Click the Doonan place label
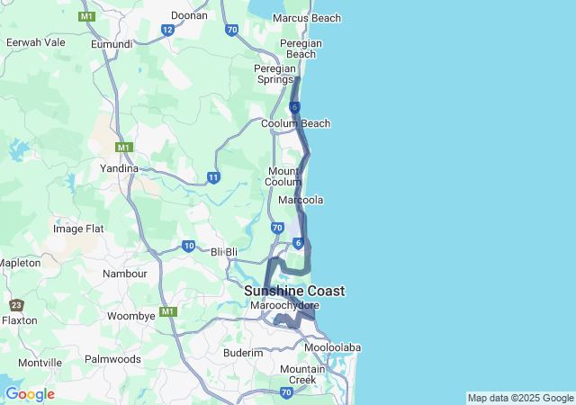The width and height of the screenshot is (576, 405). [188, 15]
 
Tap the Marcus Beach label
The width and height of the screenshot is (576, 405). [306, 18]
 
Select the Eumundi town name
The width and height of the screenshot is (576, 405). [112, 43]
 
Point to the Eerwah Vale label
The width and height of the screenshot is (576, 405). [35, 42]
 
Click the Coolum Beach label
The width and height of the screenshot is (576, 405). [295, 123]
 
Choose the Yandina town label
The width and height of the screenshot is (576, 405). [119, 168]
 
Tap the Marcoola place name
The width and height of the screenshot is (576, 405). [301, 199]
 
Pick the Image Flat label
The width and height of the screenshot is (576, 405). [78, 229]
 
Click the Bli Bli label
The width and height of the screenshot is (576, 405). [224, 252]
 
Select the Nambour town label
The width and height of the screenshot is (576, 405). [125, 273]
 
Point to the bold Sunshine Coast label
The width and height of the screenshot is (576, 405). [294, 291]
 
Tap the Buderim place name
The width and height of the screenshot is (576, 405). [243, 353]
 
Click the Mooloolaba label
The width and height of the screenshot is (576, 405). [332, 347]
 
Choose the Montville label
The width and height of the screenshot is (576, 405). [40, 362]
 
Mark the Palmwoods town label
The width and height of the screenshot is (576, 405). [112, 359]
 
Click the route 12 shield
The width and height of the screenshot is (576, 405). [167, 30]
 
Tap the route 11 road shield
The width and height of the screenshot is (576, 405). [213, 177]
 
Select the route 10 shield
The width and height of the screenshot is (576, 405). [188, 246]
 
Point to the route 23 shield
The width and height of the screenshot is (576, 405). [16, 305]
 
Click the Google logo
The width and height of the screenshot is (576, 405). [30, 394]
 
